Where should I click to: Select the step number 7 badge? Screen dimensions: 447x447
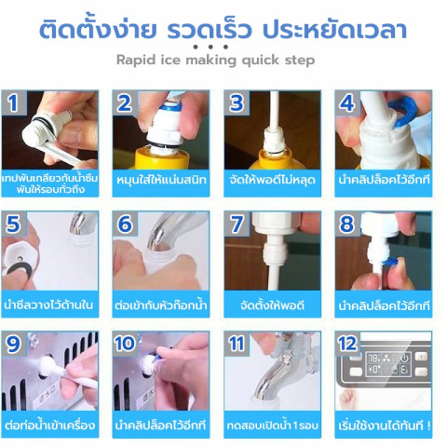(x=237, y=224)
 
